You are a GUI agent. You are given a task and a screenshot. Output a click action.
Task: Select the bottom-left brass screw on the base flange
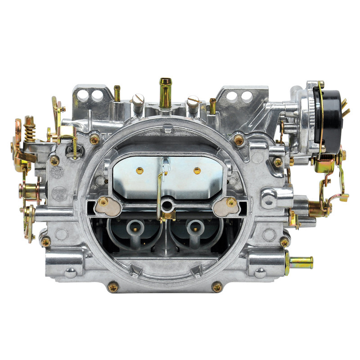112,285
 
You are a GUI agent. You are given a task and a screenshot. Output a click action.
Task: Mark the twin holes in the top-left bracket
91,95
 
